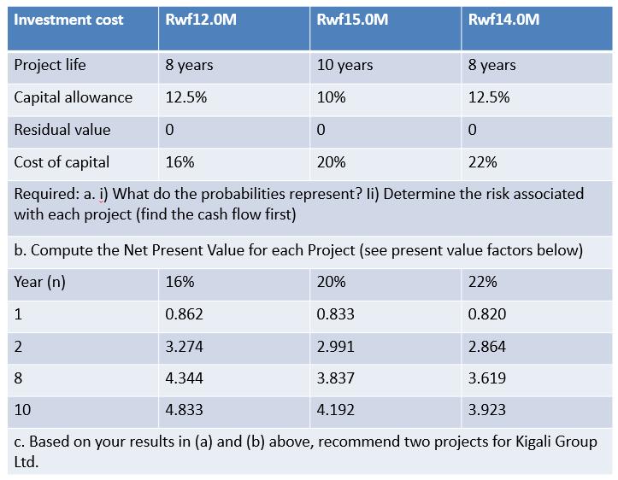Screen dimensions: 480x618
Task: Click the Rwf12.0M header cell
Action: click(x=200, y=20)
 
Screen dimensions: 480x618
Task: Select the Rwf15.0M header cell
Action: click(x=352, y=20)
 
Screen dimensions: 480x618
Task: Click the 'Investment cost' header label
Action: click(x=68, y=20)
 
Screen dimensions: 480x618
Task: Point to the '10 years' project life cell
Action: click(x=344, y=65)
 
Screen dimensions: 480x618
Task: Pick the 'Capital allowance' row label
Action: click(x=74, y=97)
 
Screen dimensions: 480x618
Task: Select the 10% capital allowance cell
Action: click(x=331, y=97)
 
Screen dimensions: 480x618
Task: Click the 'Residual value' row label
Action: click(x=62, y=130)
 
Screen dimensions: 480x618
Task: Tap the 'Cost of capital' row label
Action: click(x=62, y=162)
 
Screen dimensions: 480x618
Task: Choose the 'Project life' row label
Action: click(x=50, y=65)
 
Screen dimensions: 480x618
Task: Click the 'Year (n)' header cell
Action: click(x=40, y=282)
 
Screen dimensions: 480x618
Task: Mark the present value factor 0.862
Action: click(x=184, y=314)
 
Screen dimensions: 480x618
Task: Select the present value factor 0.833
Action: click(x=335, y=314)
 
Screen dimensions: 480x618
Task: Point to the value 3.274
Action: click(x=184, y=346)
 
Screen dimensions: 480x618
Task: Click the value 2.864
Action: click(x=487, y=346)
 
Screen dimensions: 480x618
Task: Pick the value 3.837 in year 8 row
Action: click(x=335, y=378)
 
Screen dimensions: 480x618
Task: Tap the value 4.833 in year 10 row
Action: click(x=184, y=409)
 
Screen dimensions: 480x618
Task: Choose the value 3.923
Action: click(x=487, y=409)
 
